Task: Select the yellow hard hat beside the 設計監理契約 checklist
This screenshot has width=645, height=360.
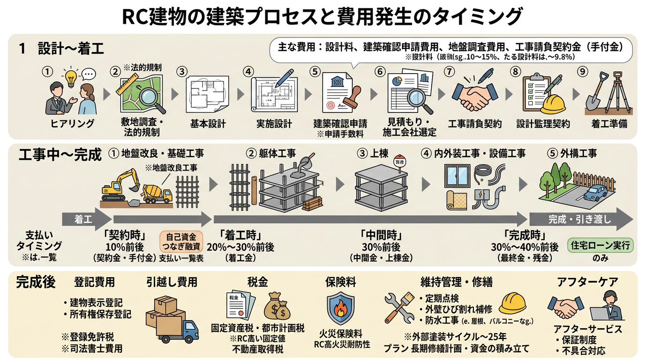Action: pyautogui.click(x=553, y=104)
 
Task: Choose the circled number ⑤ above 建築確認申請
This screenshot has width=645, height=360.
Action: pyautogui.click(x=315, y=72)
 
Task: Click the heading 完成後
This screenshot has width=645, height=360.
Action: pyautogui.click(x=36, y=282)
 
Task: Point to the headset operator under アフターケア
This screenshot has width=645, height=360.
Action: pyautogui.click(x=610, y=306)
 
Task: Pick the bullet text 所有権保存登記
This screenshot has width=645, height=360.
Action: pyautogui.click(x=100, y=314)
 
